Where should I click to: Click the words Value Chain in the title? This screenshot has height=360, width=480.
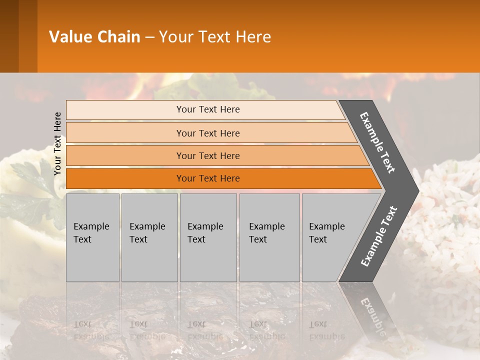(x=94, y=37)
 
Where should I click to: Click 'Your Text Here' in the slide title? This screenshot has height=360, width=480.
(x=215, y=37)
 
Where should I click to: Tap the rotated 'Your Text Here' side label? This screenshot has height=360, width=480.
(x=57, y=143)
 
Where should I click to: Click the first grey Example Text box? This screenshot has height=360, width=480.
(x=92, y=237)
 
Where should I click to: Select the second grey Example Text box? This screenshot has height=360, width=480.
(x=149, y=237)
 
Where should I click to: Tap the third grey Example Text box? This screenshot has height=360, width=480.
(x=208, y=237)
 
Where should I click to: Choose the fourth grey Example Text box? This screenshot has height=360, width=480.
(x=269, y=237)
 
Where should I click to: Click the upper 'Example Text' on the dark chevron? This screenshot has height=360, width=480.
(x=377, y=142)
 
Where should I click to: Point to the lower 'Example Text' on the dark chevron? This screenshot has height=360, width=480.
(x=379, y=236)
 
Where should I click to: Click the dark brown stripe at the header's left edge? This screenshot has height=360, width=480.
(x=9, y=36)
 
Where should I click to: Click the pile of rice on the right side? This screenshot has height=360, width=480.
(x=445, y=225)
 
